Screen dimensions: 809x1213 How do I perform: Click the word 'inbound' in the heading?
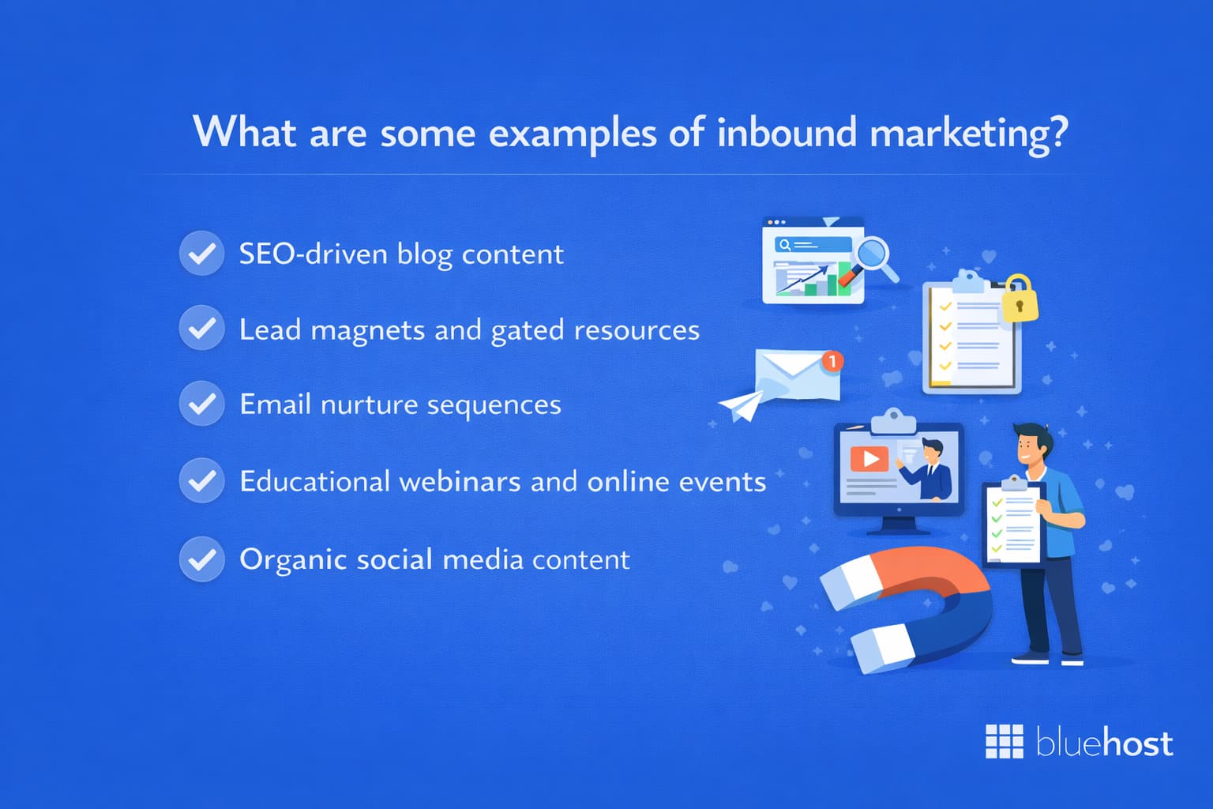point(787,132)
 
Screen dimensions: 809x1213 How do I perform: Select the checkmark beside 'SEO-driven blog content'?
point(202,254)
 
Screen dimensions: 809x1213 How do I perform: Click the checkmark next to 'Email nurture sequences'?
point(202,404)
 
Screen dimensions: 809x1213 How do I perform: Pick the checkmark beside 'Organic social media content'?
point(202,559)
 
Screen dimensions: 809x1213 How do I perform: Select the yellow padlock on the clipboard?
point(1019,299)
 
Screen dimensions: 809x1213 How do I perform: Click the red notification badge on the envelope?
point(832,361)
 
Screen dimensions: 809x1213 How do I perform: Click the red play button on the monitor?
point(869,458)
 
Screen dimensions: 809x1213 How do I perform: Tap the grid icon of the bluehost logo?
point(1004,741)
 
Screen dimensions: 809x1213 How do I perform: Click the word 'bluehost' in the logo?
point(1104,743)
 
